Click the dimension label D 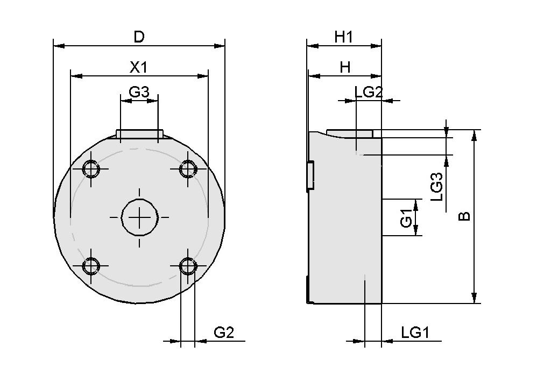click(139, 37)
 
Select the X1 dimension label click(139, 67)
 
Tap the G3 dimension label click(139, 92)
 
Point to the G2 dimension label click(224, 333)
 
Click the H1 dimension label click(343, 37)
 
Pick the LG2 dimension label click(368, 92)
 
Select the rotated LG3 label click(437, 186)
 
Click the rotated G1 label click(407, 221)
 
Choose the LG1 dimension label click(415, 333)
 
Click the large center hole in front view click(139, 217)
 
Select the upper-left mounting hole click(91, 170)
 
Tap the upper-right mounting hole click(188, 170)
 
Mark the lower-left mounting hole click(91, 266)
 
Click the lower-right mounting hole click(188, 266)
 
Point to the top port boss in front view click(139, 133)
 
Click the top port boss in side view click(350, 133)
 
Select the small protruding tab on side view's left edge click(310, 175)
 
